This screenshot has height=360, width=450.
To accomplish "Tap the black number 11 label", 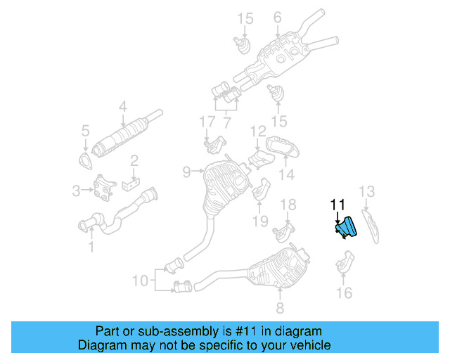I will coord(338,205).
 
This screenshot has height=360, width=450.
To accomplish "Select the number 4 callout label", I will coord(122,108).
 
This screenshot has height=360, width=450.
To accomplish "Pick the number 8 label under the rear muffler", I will coord(280,307).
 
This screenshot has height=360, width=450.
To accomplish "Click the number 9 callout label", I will coord(186,171).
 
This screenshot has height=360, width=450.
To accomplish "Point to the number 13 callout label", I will coord(368,191).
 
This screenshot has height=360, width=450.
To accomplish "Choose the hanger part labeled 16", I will coord(344,265).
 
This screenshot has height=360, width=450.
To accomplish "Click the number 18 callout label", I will coord(288,205).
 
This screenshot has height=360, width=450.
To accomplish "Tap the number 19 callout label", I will coord(260,221).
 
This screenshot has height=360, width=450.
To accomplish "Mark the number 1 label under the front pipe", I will coord(90,247).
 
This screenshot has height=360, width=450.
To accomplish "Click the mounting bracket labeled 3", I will coord(105,188).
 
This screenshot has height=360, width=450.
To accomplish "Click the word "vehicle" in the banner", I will coord(311,345).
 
